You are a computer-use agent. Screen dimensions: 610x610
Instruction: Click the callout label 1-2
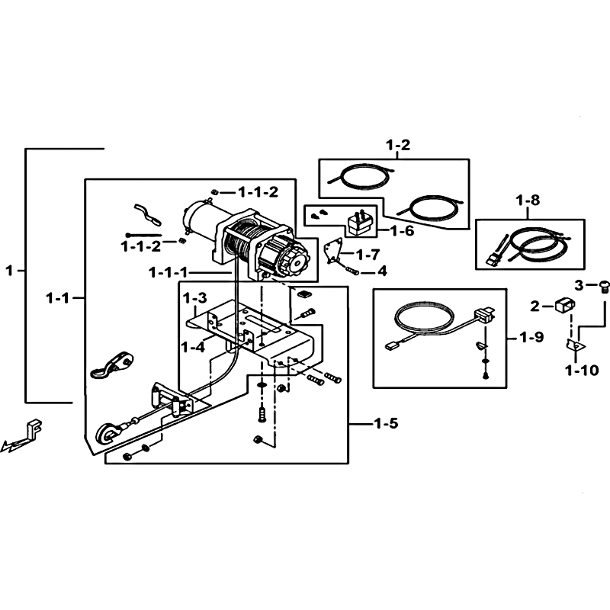398,145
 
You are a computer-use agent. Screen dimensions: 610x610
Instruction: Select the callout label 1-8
528,200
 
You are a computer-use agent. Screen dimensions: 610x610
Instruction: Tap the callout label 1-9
531,337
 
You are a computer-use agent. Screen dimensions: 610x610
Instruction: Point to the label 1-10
582,371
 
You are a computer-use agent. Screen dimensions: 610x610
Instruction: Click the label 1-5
387,423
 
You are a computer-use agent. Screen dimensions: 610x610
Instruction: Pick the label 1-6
402,231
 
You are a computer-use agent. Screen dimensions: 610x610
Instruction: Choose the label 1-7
368,255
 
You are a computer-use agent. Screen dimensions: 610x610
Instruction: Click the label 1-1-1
169,273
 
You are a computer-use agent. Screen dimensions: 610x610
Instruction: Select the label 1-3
195,298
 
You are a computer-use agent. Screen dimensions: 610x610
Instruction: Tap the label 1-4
194,347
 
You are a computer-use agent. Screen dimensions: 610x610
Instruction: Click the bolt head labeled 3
604,287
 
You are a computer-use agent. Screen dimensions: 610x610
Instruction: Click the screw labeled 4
352,270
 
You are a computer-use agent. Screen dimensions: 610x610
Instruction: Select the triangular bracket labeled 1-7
333,251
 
